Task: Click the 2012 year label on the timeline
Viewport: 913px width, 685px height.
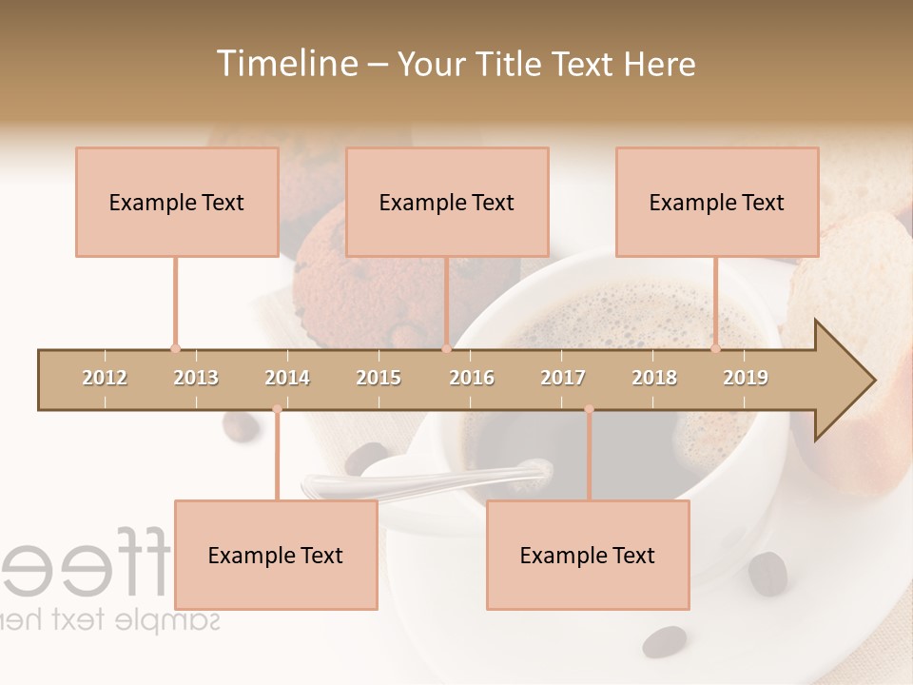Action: (x=105, y=378)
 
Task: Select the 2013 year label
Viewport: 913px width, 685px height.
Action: (x=196, y=378)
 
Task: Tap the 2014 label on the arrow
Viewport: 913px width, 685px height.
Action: (x=287, y=378)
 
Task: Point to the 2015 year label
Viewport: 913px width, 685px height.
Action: (x=379, y=378)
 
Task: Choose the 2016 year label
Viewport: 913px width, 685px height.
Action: (x=472, y=378)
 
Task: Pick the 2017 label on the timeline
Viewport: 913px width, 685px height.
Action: (x=563, y=378)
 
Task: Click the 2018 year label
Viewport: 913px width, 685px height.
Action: (x=654, y=378)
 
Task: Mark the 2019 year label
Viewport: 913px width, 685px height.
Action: (x=746, y=378)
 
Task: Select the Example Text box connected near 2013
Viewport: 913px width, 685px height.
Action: (x=177, y=202)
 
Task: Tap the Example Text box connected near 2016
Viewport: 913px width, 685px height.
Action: (x=447, y=202)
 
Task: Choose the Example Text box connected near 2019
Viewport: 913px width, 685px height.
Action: (x=717, y=202)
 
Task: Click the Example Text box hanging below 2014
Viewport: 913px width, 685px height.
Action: (x=276, y=555)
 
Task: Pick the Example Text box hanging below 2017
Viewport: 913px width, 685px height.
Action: (x=588, y=555)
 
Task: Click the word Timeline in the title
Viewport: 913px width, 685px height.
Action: (x=284, y=64)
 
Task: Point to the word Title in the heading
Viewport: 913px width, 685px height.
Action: (x=507, y=64)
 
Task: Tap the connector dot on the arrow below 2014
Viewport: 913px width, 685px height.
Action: (x=277, y=409)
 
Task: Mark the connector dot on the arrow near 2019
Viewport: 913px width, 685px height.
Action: (x=716, y=348)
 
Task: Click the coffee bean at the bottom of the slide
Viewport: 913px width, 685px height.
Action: (x=664, y=642)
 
